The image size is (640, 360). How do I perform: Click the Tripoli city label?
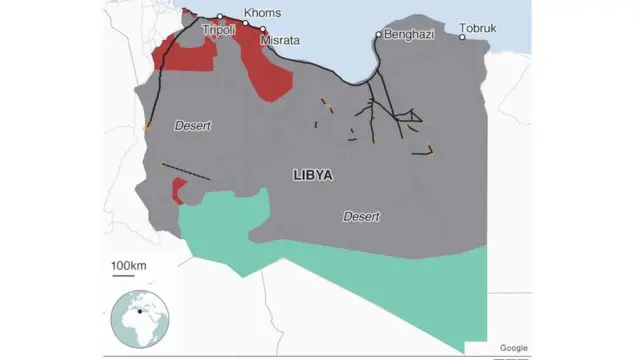[218, 31]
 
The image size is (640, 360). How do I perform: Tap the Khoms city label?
[262, 13]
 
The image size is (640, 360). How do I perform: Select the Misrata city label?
[279, 41]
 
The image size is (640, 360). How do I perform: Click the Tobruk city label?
[478, 27]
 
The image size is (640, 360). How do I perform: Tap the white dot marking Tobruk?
[462, 37]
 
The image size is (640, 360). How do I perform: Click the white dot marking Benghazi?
[378, 35]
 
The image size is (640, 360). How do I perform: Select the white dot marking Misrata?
[263, 30]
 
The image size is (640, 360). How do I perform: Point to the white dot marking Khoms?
[246, 22]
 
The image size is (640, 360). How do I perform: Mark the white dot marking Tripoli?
[219, 17]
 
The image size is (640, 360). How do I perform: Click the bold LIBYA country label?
[313, 174]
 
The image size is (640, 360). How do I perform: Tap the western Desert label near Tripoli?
[193, 125]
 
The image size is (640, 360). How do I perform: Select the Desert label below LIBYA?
[362, 216]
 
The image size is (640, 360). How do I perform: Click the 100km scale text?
[129, 265]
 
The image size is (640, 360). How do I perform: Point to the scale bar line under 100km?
[129, 277]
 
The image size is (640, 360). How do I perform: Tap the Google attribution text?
[513, 347]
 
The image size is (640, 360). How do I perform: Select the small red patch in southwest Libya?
[179, 190]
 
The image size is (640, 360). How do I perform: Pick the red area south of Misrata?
[271, 75]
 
